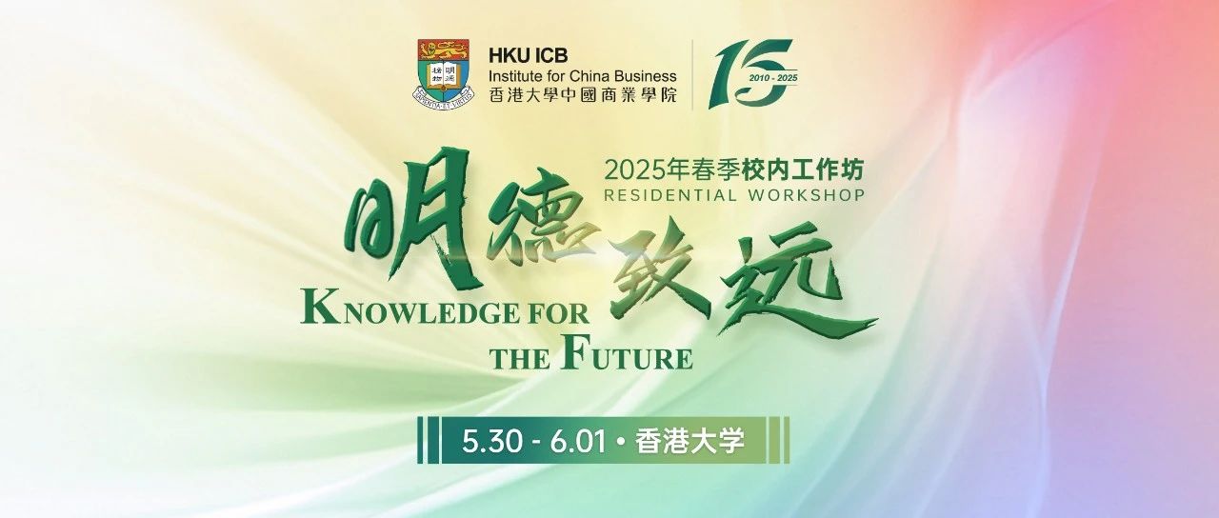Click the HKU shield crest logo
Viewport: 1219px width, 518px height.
(443, 74)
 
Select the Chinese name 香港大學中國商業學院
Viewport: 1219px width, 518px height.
(583, 96)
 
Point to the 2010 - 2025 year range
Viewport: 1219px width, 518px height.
(772, 78)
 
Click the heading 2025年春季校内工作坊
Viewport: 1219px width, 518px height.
(734, 170)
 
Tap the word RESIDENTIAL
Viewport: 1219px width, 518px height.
(670, 195)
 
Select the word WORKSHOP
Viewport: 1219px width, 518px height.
(807, 195)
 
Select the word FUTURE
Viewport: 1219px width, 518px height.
(626, 355)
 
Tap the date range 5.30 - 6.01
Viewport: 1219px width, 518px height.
(534, 441)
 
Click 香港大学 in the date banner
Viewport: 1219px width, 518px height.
(689, 441)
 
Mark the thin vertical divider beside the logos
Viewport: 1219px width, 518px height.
(692, 74)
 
